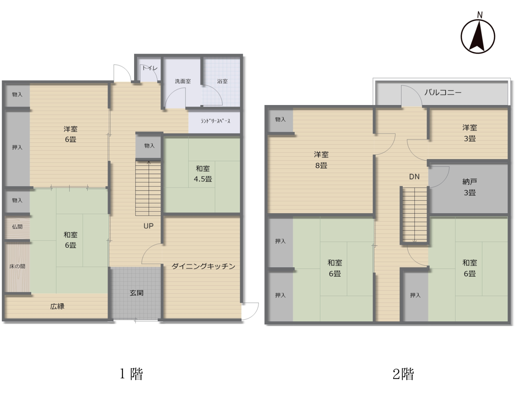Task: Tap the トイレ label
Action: (x=150, y=68)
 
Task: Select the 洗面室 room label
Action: (x=183, y=81)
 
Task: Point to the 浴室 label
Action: (x=222, y=81)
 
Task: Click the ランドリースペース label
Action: (x=215, y=121)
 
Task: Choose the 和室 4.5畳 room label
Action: (x=203, y=174)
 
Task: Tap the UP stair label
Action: (x=148, y=226)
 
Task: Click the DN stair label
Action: (x=414, y=177)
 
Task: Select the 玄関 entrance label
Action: (x=137, y=293)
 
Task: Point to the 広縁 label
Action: (x=57, y=306)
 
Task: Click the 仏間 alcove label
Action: (x=17, y=227)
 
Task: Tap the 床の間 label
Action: (x=17, y=266)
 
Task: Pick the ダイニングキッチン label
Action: (x=203, y=266)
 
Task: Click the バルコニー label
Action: (x=443, y=92)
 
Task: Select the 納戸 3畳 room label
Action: (x=469, y=187)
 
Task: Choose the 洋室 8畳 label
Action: (x=321, y=160)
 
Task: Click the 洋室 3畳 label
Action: (x=469, y=133)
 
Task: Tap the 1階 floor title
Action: (x=131, y=374)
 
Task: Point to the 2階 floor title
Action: (x=403, y=374)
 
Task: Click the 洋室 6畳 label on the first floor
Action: (x=71, y=134)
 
